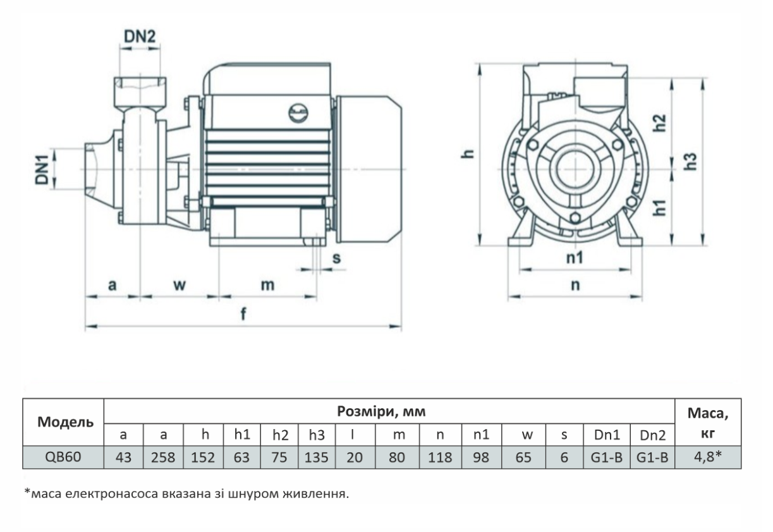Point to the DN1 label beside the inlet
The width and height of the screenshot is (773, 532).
(x=42, y=169)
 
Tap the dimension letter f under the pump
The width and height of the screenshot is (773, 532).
(x=243, y=315)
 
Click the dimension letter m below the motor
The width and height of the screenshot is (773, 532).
(x=268, y=285)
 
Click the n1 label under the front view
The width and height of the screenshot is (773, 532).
(x=574, y=257)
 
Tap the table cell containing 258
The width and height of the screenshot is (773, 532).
(x=163, y=457)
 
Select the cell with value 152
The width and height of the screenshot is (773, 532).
(x=203, y=457)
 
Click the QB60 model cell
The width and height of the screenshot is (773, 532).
(x=63, y=456)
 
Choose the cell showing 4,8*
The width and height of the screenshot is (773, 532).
(x=708, y=456)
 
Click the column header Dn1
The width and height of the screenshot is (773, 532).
(x=606, y=434)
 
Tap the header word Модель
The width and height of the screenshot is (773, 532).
(x=63, y=421)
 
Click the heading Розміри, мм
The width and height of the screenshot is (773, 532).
(x=389, y=412)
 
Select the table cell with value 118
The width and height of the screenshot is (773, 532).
(x=440, y=457)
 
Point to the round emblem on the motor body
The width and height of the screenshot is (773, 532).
(x=297, y=112)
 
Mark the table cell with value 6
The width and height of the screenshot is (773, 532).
(x=564, y=457)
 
